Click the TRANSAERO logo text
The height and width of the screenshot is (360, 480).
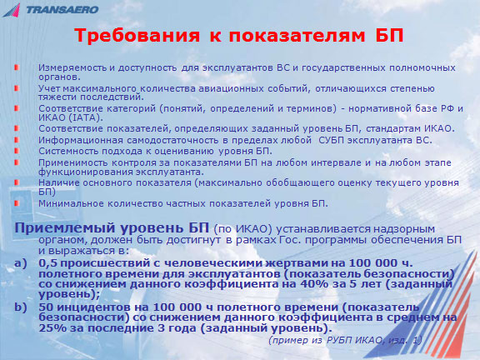tap(62, 10)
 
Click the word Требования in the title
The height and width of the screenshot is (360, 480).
tap(137, 36)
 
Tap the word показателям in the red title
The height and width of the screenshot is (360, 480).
tap(297, 36)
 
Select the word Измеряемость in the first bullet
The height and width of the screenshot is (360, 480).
tap(72, 67)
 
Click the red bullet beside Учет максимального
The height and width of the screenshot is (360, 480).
tap(17, 88)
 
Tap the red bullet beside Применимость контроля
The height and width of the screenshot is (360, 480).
tap(17, 162)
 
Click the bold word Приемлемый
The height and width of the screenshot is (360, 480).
tap(65, 228)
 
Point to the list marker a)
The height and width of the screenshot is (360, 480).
tap(20, 263)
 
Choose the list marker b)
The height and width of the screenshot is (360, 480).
tap(20, 307)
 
